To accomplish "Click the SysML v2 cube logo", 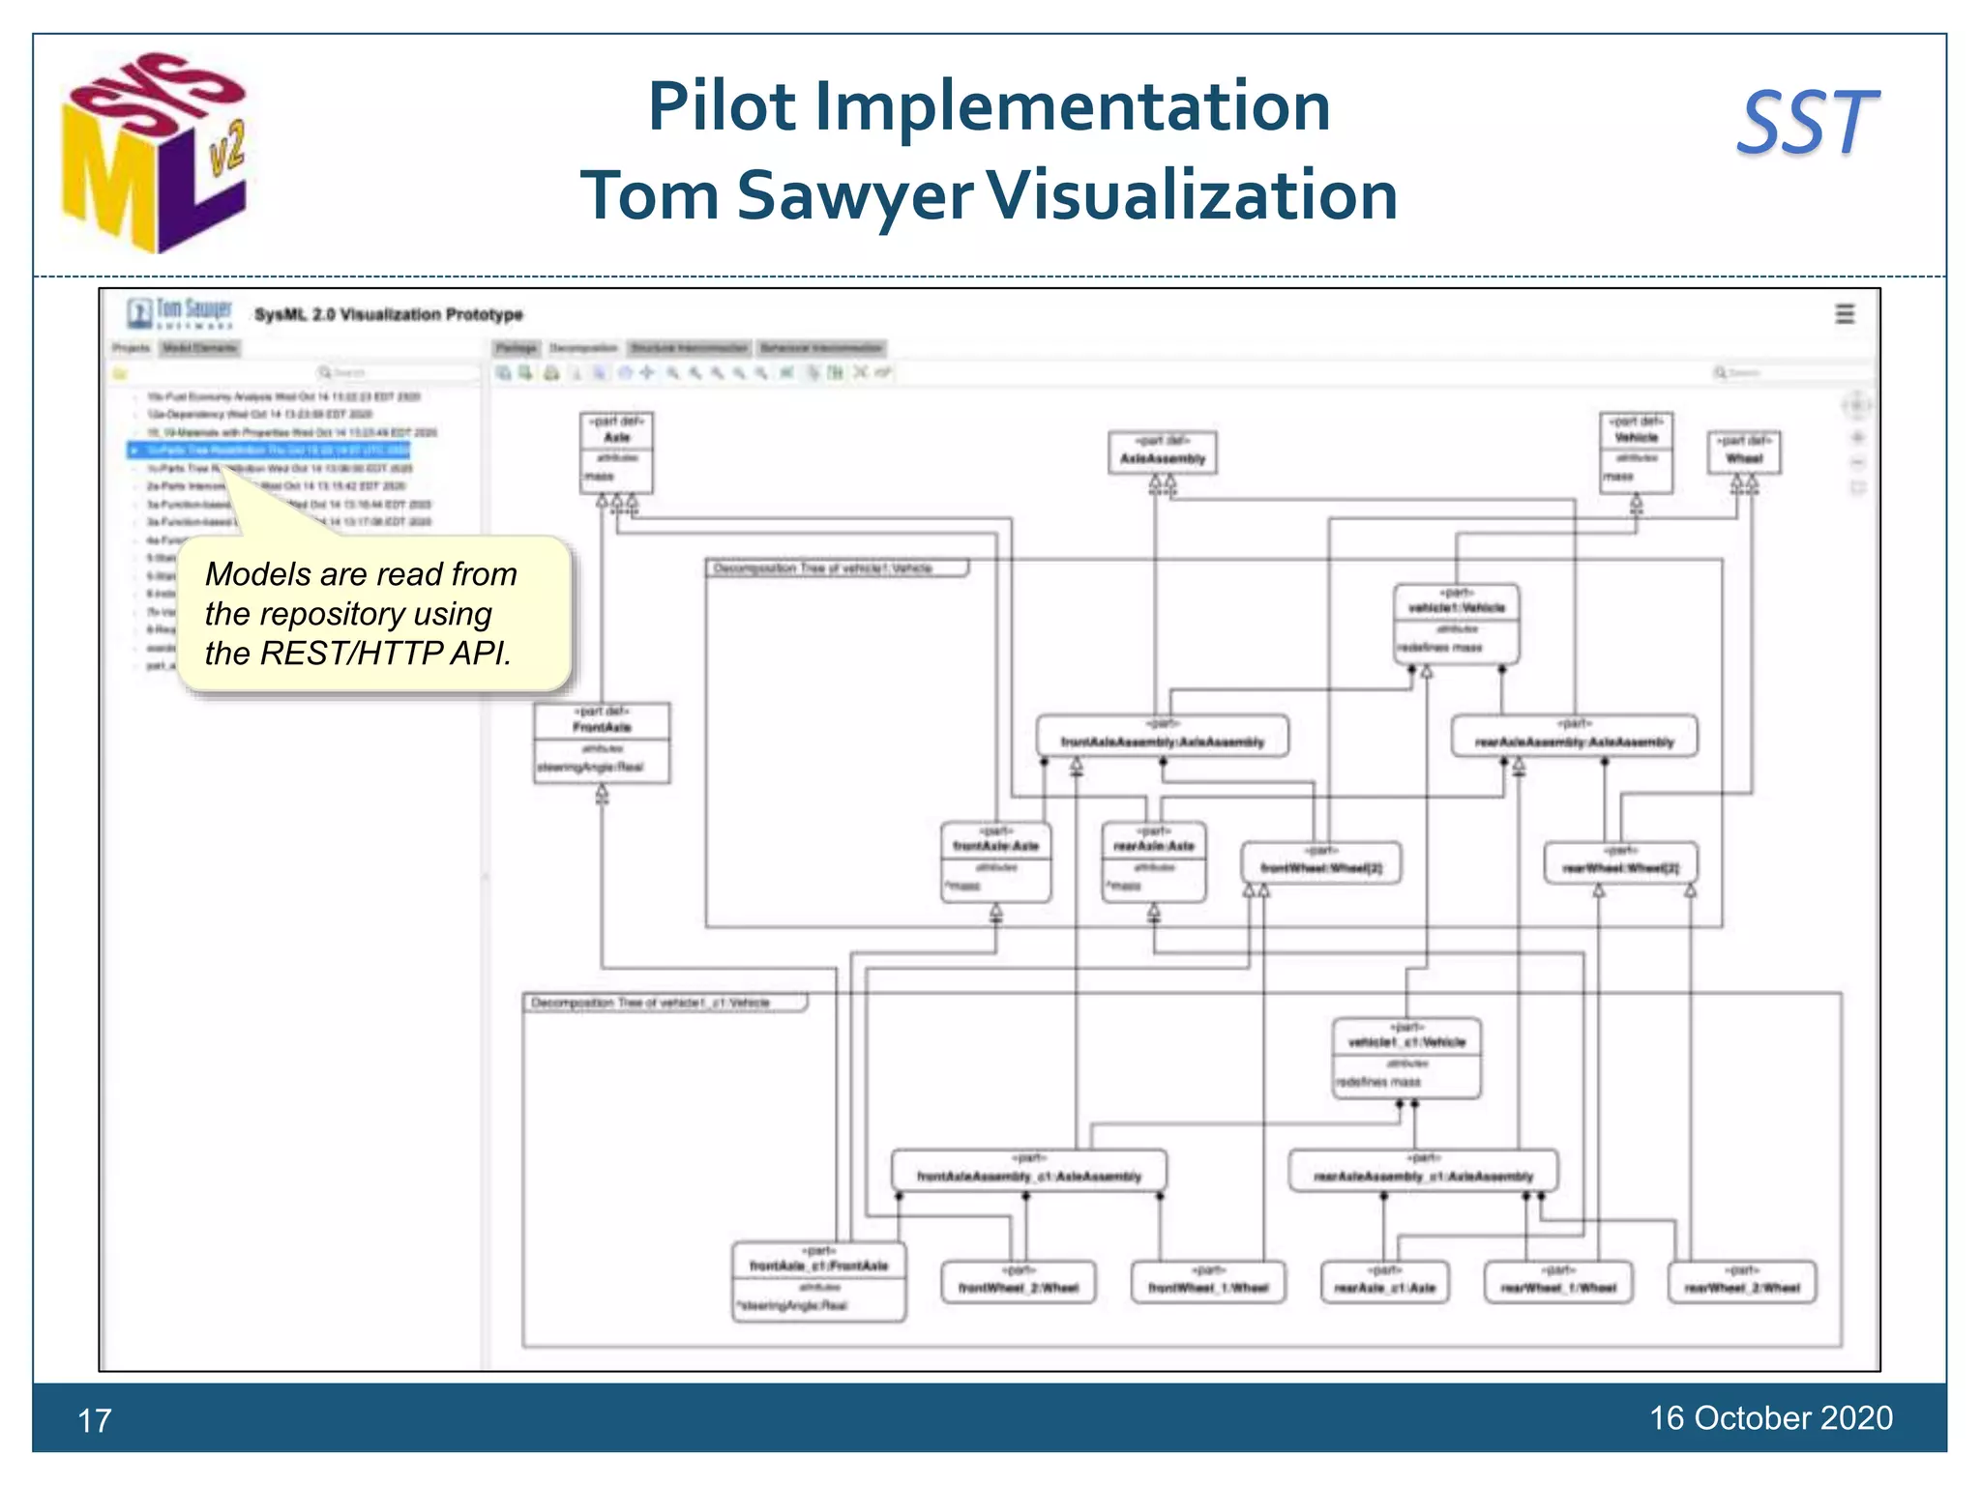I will click(x=155, y=153).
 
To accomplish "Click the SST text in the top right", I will click(x=1807, y=124).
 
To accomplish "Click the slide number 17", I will click(x=95, y=1420).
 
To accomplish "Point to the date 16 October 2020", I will click(x=1770, y=1417).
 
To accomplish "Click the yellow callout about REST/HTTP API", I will click(x=372, y=613).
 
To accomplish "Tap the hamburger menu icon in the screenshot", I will click(x=1845, y=314).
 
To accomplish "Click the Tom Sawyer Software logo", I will click(x=180, y=313).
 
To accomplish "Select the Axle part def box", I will click(x=616, y=452).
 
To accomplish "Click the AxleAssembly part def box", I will click(x=1162, y=451).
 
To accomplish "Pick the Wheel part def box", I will click(x=1743, y=451).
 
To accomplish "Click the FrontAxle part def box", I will click(x=602, y=742).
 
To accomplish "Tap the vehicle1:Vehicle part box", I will click(x=1456, y=624).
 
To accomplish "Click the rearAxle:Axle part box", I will click(x=1153, y=861).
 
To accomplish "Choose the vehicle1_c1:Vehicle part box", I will click(x=1406, y=1058).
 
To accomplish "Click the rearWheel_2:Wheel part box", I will click(x=1742, y=1282).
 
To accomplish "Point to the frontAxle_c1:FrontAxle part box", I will click(x=818, y=1282).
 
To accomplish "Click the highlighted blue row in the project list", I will click(x=271, y=450).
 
